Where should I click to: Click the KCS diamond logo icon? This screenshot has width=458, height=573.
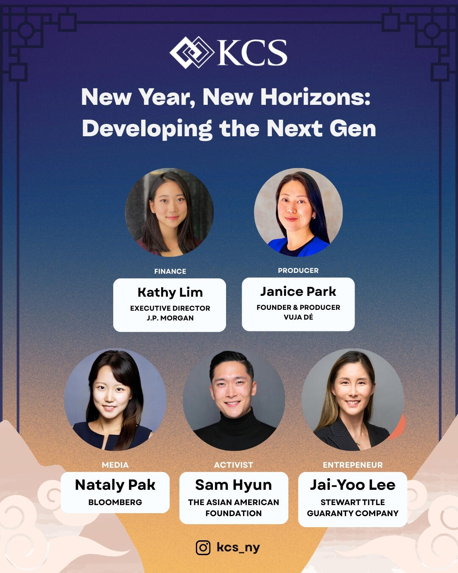pos(192,53)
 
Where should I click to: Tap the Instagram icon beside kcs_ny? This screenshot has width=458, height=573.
pos(203,548)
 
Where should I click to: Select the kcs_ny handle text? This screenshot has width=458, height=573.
pos(238,547)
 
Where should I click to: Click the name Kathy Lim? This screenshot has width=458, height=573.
pos(170,292)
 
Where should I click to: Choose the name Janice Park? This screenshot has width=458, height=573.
pos(298,292)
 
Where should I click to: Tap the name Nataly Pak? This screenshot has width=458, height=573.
pos(115,485)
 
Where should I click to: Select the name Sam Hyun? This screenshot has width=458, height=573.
pos(233,485)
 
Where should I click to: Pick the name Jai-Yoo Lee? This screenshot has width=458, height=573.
pos(352,485)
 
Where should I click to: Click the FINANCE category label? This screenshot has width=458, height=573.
pos(170,271)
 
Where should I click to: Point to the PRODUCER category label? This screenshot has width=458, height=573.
pos(298,270)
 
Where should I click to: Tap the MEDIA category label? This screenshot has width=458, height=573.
pos(115,465)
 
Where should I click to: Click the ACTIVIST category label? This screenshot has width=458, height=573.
pos(233,465)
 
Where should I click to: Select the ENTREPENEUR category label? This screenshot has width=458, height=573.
pos(352,465)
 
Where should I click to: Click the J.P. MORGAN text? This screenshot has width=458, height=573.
pos(170,318)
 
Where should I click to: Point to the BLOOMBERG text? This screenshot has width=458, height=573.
pos(115,502)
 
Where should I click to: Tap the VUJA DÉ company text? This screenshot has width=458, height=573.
pos(298,317)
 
